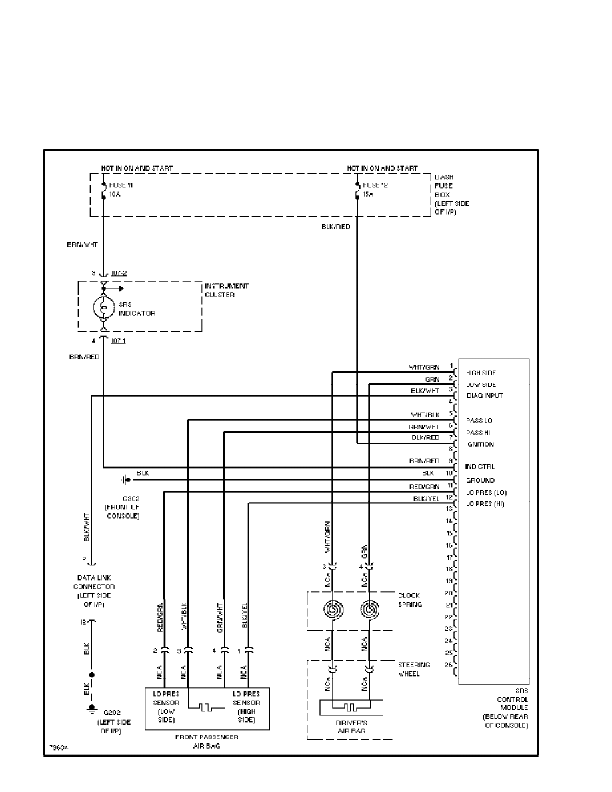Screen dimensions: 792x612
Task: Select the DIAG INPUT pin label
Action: pos(484,396)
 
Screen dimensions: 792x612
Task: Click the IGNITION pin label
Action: pos(480,444)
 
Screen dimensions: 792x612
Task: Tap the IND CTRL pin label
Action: pos(480,467)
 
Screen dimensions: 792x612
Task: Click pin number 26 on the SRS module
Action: pos(449,664)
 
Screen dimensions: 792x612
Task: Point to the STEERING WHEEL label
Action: pos(414,669)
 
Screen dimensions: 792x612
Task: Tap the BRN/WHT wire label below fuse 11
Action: pos(83,245)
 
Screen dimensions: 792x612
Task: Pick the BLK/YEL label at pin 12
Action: pos(426,498)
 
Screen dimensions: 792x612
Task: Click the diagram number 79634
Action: pos(58,747)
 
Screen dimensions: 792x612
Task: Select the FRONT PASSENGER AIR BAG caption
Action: pos(207,741)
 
